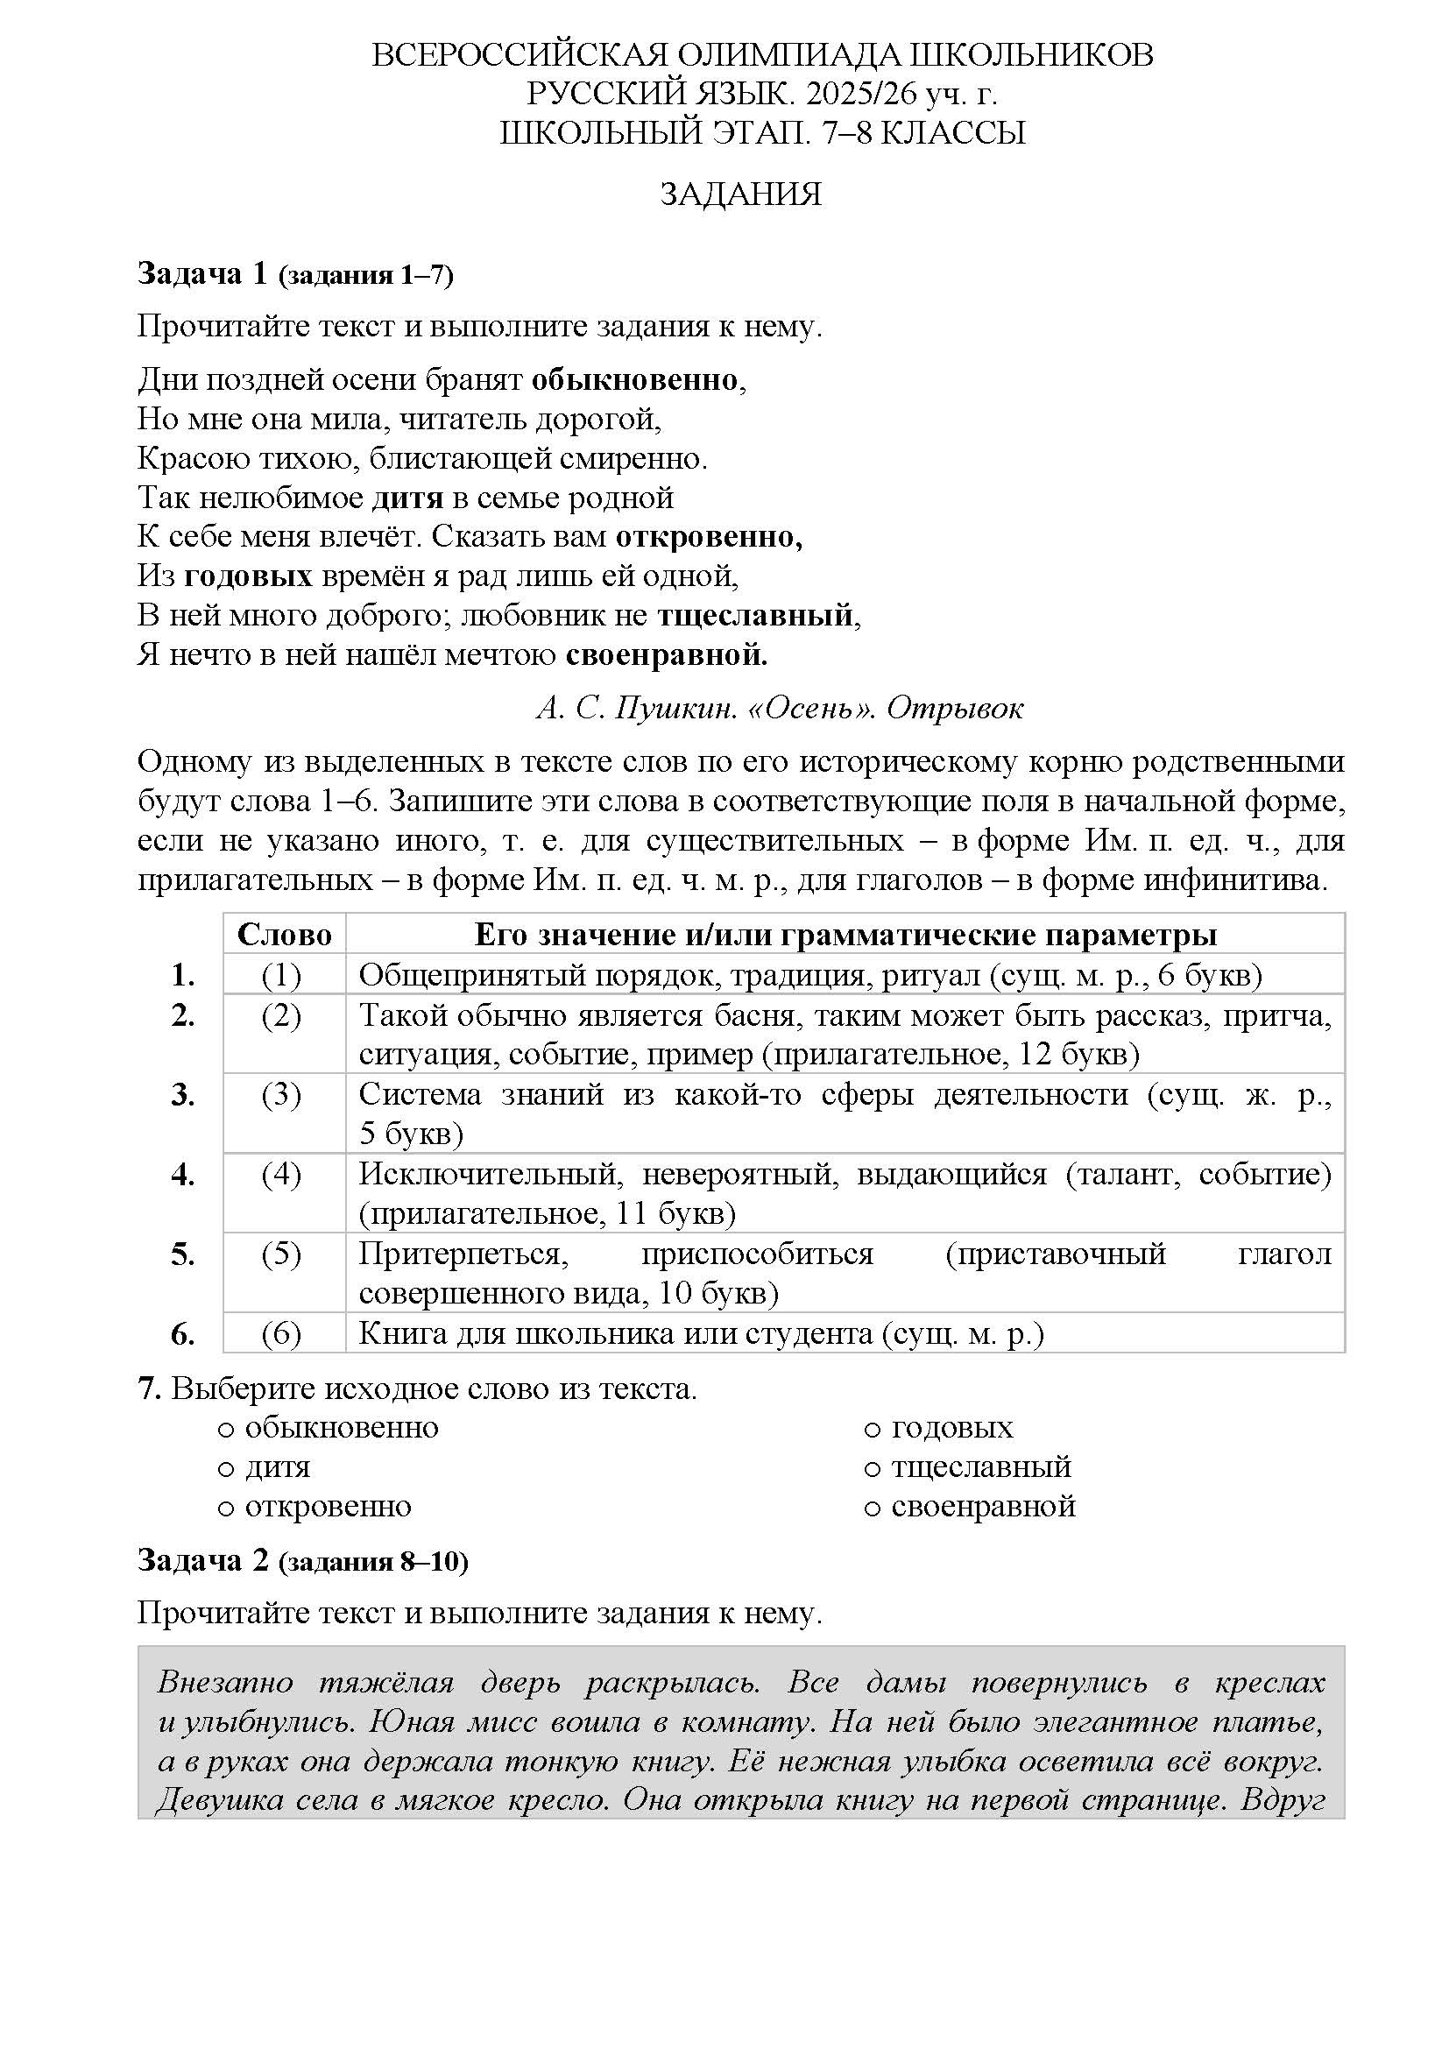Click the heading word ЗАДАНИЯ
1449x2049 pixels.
tap(739, 194)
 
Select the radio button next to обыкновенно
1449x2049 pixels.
tap(226, 1429)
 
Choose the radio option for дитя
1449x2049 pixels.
tap(226, 1468)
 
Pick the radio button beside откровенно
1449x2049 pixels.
tap(226, 1508)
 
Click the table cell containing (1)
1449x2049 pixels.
tap(282, 975)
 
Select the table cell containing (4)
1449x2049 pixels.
tap(282, 1175)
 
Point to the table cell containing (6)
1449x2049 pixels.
tap(282, 1334)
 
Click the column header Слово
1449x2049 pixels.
tap(284, 935)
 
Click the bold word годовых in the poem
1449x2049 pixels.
tap(248, 576)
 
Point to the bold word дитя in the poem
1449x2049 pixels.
tap(407, 497)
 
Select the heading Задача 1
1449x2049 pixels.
tap(202, 274)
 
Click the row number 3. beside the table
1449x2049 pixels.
tap(183, 1095)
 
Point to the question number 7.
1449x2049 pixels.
tap(149, 1388)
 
